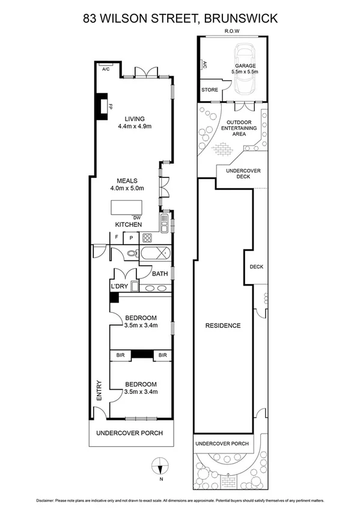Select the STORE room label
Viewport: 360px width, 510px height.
[210, 90]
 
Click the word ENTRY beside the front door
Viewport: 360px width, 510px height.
[99, 394]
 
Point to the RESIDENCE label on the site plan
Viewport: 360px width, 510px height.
[222, 325]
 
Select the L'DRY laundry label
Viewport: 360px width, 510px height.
[118, 287]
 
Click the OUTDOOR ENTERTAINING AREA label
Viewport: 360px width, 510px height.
[239, 128]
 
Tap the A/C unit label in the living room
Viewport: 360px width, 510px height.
[106, 69]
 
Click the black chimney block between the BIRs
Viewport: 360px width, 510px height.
[141, 355]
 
